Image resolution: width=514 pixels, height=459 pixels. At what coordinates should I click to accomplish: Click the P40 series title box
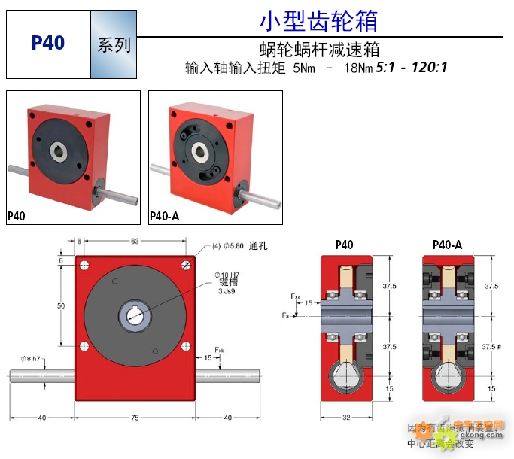(48, 44)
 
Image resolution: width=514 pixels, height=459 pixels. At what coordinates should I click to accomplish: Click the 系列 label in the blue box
(114, 44)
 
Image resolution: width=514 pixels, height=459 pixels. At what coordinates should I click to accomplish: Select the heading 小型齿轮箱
(318, 20)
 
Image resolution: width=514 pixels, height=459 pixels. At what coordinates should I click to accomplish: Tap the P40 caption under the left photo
(17, 217)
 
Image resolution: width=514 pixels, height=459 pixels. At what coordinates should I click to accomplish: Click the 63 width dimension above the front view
(135, 241)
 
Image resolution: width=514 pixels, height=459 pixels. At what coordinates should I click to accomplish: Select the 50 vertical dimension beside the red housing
(62, 306)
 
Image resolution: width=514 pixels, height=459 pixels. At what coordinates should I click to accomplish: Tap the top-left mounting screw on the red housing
(84, 265)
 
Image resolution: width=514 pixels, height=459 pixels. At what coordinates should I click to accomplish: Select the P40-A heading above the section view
(447, 245)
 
